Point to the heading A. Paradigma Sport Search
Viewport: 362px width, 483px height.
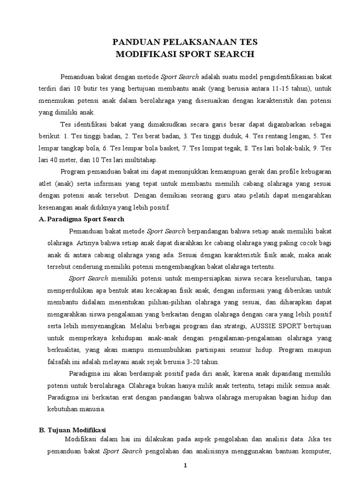(x=81, y=219)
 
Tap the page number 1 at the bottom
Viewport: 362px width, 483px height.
(x=185, y=466)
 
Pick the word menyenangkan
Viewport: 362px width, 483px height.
(x=106, y=326)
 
